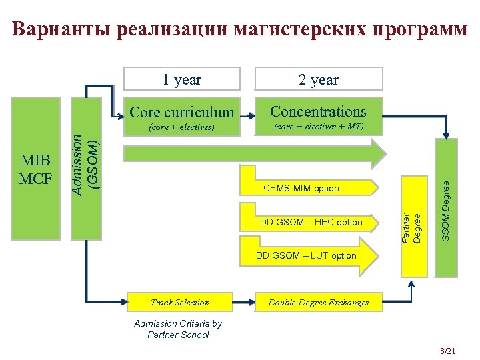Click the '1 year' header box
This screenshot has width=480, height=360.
(182, 80)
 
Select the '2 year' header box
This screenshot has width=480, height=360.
(319, 80)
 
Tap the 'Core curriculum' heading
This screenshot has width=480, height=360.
(182, 112)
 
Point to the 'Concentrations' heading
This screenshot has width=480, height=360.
(319, 111)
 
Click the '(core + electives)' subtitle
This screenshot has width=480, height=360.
(181, 126)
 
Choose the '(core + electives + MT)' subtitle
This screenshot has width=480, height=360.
(319, 125)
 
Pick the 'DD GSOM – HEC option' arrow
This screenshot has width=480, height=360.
(311, 222)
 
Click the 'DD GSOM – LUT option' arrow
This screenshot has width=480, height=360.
(307, 255)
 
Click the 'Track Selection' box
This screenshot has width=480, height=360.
(180, 302)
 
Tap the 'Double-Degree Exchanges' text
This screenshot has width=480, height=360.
(319, 303)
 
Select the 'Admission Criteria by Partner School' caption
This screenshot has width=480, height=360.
(178, 329)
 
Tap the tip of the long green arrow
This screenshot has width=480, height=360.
(385, 154)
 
